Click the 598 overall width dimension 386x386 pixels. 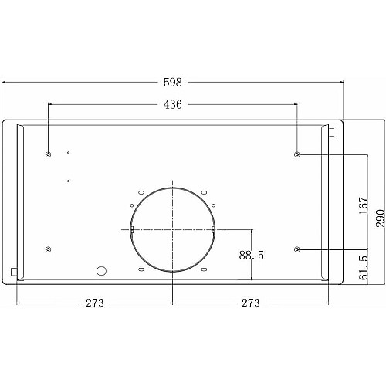173,83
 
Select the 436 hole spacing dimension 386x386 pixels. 173,104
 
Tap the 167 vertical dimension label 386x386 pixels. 364,205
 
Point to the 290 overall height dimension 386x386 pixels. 381,218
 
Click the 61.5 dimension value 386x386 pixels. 364,268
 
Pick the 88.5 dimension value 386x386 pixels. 252,256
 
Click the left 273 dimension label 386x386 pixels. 95,303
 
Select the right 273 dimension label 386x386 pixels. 250,303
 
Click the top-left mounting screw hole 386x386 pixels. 48,154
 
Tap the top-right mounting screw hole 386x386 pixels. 297,154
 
